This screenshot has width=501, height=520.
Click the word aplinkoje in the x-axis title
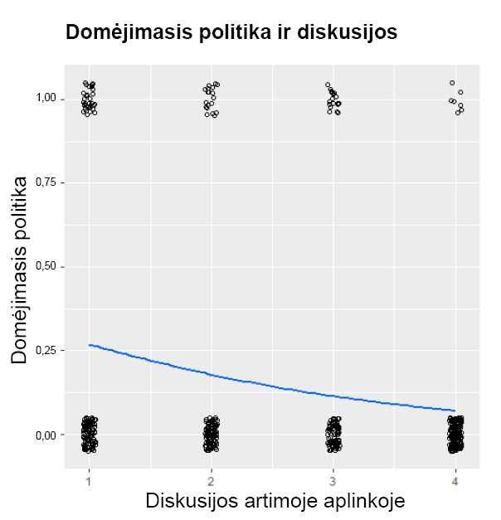[364, 501]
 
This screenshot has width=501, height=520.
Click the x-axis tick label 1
[89, 481]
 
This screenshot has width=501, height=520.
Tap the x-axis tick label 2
[211, 481]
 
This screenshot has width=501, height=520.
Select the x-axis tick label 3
[333, 481]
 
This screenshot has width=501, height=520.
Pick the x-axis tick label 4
[455, 481]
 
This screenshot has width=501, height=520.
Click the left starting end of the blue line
[90, 345]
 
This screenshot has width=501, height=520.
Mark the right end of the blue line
[455, 411]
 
